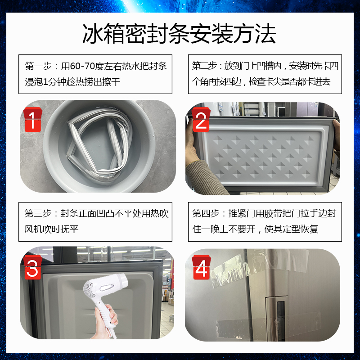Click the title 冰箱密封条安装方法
pos(179,34)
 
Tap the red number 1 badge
pos(32,119)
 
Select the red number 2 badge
pos(201,119)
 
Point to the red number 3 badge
pos(32,267)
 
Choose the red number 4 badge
pos(201,267)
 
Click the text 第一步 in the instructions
pos(38,66)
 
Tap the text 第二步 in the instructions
pos(204,66)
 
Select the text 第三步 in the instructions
pos(38,213)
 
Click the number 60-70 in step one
pos(82,66)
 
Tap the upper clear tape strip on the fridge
pos(260,266)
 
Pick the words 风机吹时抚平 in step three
pos(51,229)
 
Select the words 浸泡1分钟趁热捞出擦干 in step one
pos(72,82)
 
